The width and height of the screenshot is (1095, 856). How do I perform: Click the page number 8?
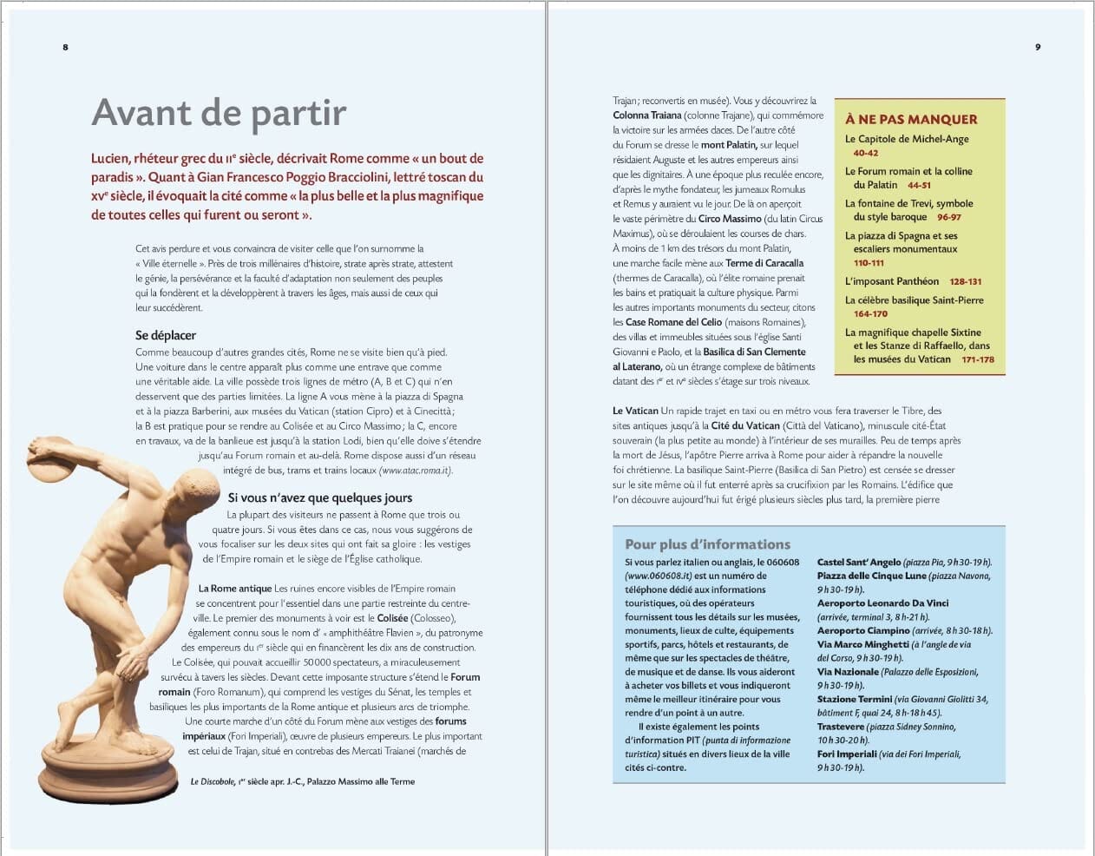click(65, 47)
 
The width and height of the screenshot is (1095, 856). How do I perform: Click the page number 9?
click(1038, 47)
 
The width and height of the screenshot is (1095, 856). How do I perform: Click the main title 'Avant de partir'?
click(219, 113)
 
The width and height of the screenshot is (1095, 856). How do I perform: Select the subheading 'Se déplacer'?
click(166, 335)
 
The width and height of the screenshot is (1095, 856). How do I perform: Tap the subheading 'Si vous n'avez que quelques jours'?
click(320, 497)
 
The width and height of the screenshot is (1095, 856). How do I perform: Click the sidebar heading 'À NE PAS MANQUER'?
click(911, 120)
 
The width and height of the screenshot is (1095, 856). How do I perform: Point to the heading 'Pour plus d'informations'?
click(707, 544)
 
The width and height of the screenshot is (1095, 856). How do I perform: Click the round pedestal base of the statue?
click(109, 769)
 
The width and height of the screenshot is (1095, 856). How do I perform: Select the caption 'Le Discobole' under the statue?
click(213, 781)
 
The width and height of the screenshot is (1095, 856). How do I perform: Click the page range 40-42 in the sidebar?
click(865, 153)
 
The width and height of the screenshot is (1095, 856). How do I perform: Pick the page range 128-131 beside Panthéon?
click(965, 282)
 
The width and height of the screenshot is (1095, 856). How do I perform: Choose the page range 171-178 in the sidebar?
click(978, 359)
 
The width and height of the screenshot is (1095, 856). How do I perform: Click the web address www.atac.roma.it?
click(416, 471)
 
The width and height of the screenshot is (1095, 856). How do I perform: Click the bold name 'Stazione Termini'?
click(854, 699)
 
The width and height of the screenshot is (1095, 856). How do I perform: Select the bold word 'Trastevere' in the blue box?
click(840, 727)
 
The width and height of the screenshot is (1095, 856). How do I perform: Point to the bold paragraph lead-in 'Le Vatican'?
click(635, 411)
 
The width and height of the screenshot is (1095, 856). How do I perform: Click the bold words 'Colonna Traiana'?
click(646, 115)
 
